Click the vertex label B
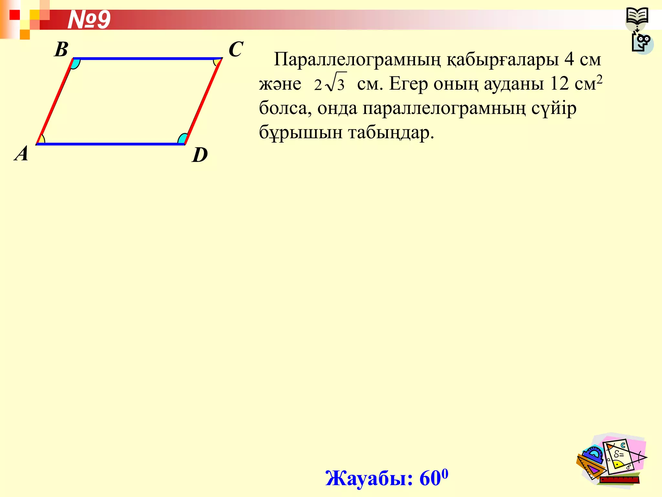click(x=61, y=50)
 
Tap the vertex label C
click(x=236, y=50)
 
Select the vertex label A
click(x=22, y=153)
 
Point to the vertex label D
click(x=200, y=155)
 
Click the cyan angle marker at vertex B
click(x=75, y=63)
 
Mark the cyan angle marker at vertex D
click(x=182, y=139)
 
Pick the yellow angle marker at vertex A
click(x=41, y=139)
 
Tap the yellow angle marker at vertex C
click(x=217, y=61)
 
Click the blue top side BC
click(x=147, y=59)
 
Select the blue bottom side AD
click(x=110, y=144)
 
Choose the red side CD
click(x=203, y=101)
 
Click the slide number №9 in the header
click(x=89, y=20)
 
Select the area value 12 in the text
click(x=559, y=83)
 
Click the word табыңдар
click(x=391, y=132)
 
